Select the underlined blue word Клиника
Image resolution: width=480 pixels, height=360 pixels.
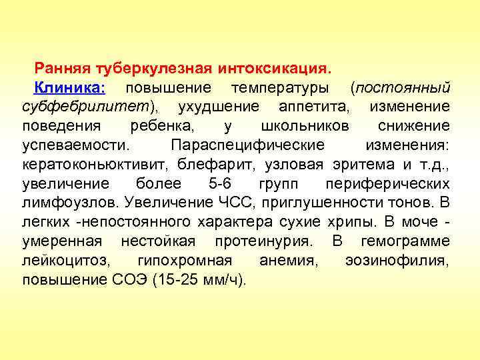point(69,88)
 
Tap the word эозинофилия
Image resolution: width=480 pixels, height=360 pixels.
point(397,261)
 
